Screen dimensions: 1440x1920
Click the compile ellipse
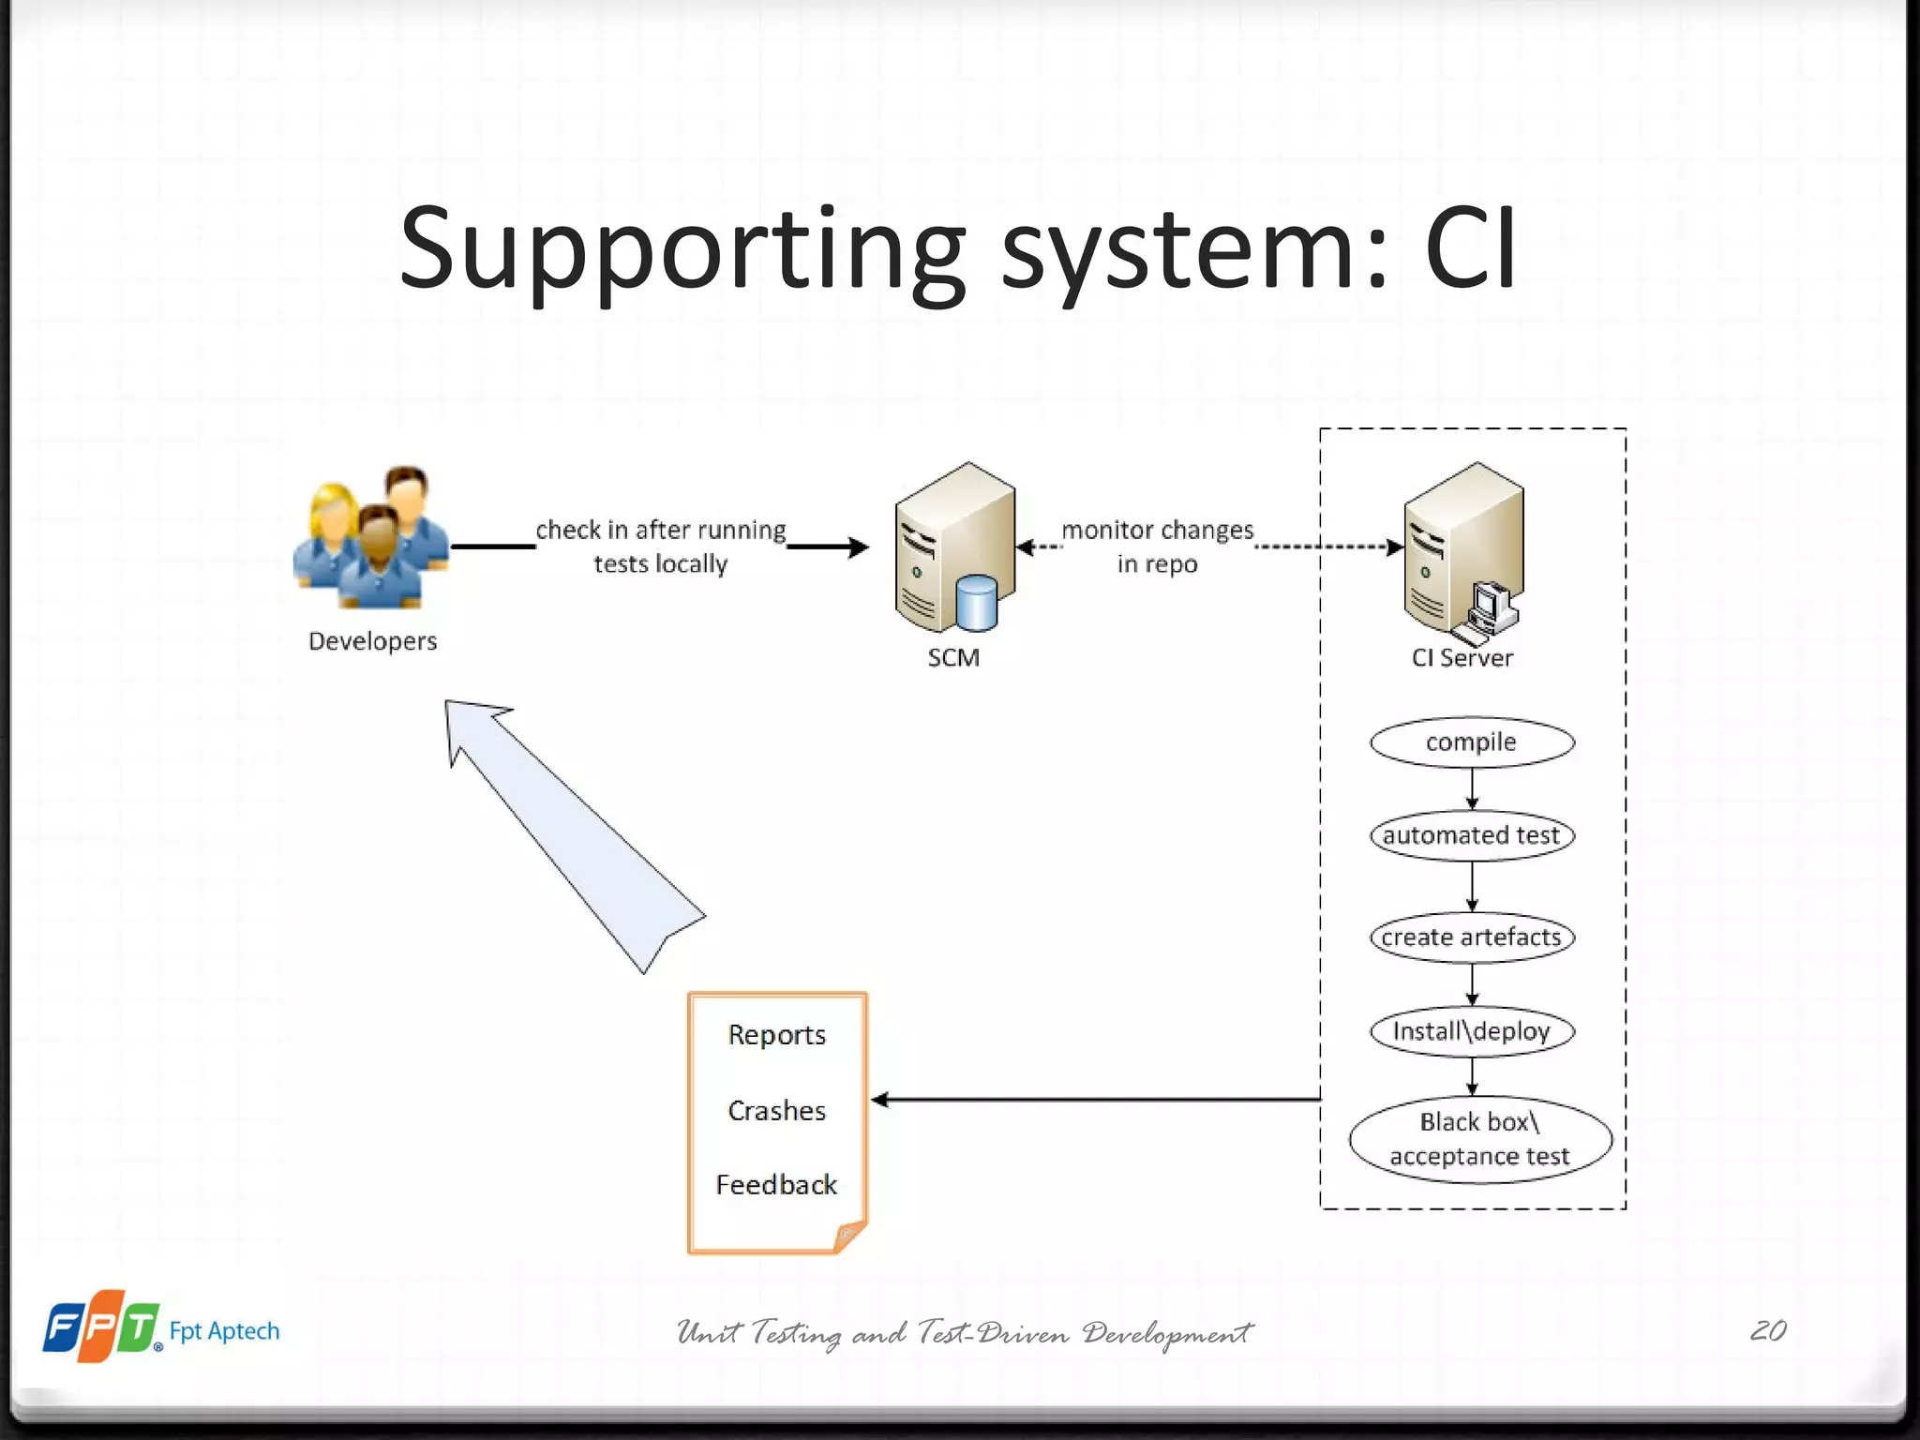(1471, 742)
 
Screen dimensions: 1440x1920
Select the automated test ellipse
(1471, 835)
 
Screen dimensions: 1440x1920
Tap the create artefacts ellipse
(1471, 937)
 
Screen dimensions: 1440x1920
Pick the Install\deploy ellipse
(1471, 1031)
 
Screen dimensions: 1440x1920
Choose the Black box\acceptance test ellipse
(1479, 1139)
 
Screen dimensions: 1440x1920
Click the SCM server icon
(954, 548)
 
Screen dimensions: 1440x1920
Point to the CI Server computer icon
(1462, 553)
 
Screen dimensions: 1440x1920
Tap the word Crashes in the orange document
(776, 1111)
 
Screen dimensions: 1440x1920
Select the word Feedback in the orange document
(776, 1185)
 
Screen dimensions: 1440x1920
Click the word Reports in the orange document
(776, 1035)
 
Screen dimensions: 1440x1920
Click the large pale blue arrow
(572, 834)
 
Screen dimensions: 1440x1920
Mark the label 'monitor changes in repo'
(1157, 547)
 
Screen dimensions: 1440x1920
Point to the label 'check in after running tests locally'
(661, 547)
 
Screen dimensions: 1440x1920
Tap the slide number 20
(1768, 1330)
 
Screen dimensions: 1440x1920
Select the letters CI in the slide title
(1470, 248)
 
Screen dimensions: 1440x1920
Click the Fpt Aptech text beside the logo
(224, 1331)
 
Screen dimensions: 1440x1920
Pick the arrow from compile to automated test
(1472, 789)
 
